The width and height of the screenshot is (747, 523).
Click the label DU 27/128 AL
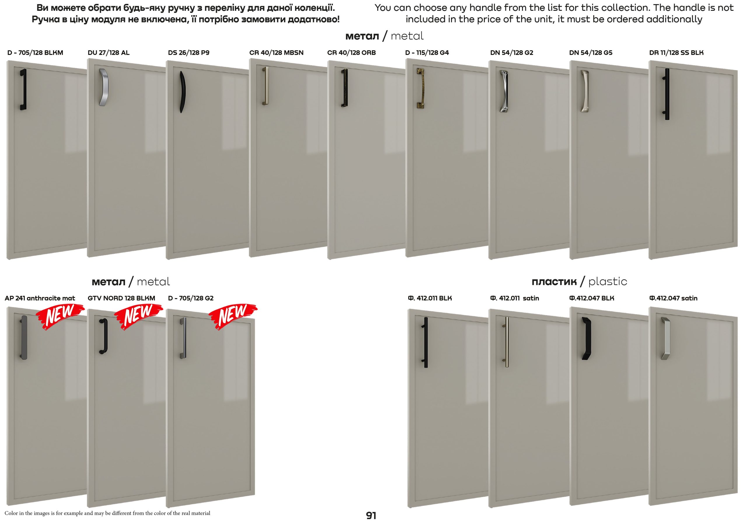(x=108, y=53)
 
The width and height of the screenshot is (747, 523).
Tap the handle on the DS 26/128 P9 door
(x=182, y=92)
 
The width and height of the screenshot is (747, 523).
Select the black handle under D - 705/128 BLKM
(x=23, y=90)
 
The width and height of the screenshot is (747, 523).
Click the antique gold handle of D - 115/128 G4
(x=420, y=88)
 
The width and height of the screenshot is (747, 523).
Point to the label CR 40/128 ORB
(x=351, y=53)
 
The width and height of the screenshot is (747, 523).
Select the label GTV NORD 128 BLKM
(x=121, y=298)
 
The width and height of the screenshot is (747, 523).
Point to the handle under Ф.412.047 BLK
(x=586, y=338)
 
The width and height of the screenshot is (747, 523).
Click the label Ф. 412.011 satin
(x=514, y=298)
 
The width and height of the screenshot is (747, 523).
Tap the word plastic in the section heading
(x=608, y=282)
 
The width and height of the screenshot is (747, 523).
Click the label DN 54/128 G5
(x=591, y=53)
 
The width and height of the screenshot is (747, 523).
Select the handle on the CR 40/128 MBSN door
(x=266, y=86)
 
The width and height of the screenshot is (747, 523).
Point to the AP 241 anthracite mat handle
(x=24, y=337)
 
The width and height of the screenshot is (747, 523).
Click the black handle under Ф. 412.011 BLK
(x=425, y=342)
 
